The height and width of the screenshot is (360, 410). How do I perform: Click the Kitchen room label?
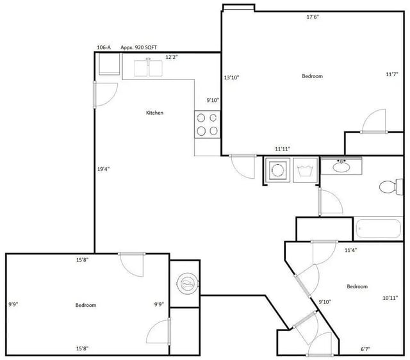[154, 113]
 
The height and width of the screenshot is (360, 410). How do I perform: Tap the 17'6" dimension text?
[313, 17]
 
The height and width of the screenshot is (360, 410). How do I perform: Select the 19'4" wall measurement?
[103, 169]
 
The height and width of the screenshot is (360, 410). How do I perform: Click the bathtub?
[378, 228]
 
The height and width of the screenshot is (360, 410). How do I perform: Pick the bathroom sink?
[341, 166]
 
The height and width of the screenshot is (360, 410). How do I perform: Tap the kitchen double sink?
[148, 68]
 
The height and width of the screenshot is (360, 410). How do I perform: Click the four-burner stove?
[207, 124]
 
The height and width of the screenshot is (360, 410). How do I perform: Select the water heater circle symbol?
[188, 284]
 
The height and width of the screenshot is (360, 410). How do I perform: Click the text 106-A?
[104, 47]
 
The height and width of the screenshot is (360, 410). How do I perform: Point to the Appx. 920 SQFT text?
[138, 47]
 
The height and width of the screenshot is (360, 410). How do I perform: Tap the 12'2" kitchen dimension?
[172, 57]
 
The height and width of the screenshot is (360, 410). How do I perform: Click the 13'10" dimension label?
[232, 78]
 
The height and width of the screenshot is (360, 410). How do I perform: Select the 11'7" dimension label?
[392, 74]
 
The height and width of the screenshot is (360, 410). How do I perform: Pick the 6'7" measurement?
[365, 349]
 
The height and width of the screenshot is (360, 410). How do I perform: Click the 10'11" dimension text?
[390, 297]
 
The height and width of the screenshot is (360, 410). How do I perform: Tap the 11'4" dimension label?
[350, 250]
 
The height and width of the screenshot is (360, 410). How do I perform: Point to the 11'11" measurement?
[283, 149]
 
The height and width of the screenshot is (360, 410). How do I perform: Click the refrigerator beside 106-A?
[110, 64]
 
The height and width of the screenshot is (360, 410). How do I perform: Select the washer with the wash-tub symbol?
[305, 170]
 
